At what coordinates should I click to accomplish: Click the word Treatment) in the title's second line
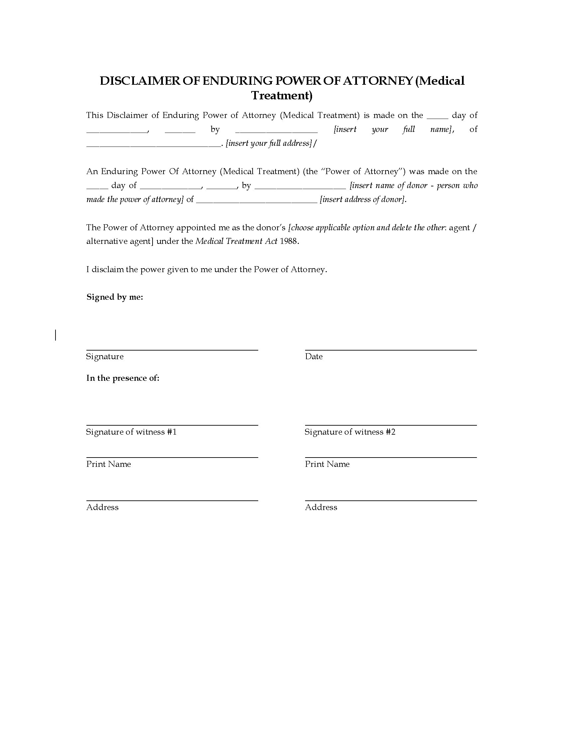point(282,96)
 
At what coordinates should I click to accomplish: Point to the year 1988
point(288,241)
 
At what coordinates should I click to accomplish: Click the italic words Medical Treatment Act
point(236,241)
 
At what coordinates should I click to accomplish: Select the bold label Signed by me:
point(115,297)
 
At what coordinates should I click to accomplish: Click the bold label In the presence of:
point(123,378)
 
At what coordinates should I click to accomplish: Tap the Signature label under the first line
point(105,357)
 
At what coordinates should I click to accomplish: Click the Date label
point(314,357)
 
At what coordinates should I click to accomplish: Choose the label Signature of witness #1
point(131,432)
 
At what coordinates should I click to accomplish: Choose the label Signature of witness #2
point(350,432)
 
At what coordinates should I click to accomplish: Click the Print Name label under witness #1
point(108,464)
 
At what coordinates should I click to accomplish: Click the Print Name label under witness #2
point(327,464)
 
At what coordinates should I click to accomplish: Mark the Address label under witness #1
point(102,507)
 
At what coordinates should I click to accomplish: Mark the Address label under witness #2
point(321,507)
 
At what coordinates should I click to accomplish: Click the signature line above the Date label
point(391,350)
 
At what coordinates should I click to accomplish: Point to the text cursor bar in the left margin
point(56,335)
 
